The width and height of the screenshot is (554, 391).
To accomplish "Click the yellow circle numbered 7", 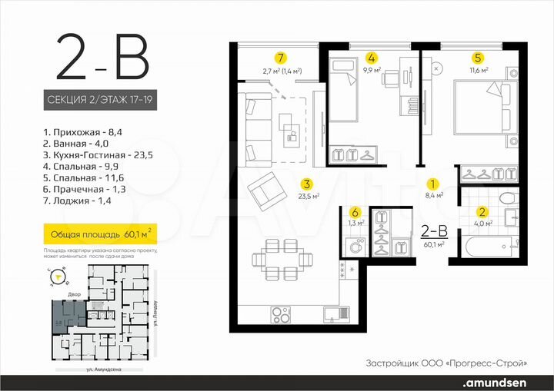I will [x=282, y=58].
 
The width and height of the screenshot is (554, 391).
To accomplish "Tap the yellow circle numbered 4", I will [x=372, y=58].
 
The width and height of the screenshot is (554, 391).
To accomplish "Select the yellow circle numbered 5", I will [x=477, y=58].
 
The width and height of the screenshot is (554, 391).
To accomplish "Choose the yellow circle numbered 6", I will [x=355, y=213].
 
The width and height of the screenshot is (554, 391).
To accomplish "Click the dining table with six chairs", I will [x=279, y=259].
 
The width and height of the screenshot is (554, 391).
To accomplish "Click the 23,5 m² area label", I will [x=305, y=197].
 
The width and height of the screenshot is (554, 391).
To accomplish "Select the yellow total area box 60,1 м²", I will [x=98, y=231].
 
